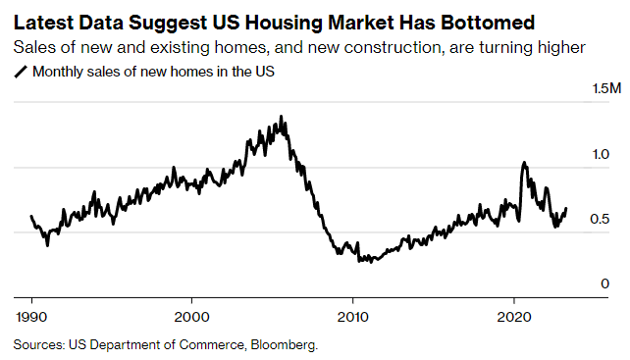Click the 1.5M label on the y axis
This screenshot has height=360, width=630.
(606, 89)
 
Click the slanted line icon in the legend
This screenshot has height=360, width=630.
(21, 71)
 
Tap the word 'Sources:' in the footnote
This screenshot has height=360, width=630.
(39, 344)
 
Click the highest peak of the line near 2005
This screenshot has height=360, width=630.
(282, 117)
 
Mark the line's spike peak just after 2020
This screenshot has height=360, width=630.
(524, 163)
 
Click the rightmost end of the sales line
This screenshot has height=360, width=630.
(566, 208)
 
